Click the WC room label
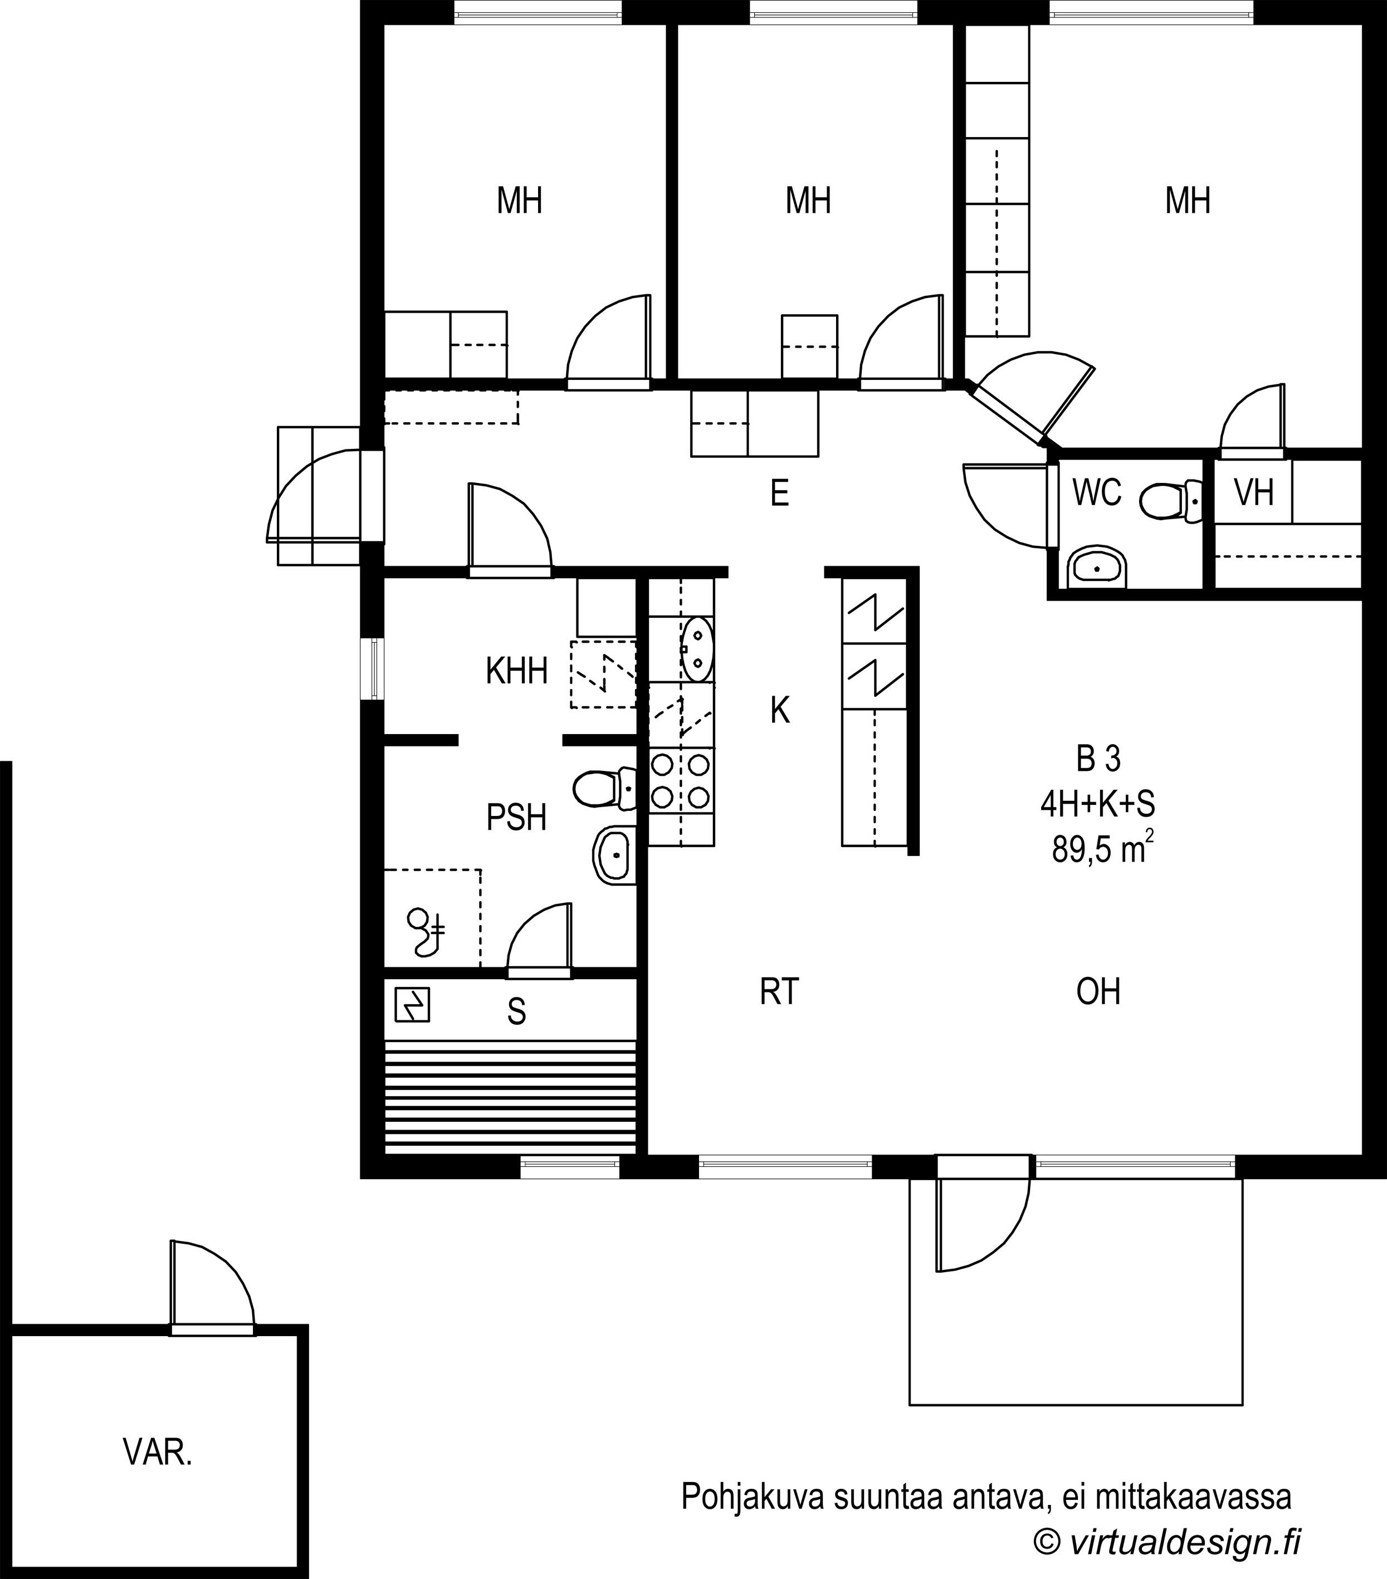(1096, 493)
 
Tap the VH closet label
(1253, 493)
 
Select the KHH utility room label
(517, 671)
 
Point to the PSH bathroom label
(516, 817)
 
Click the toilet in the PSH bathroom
(605, 788)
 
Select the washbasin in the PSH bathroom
(615, 854)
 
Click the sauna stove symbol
(412, 1005)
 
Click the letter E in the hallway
(780, 493)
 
